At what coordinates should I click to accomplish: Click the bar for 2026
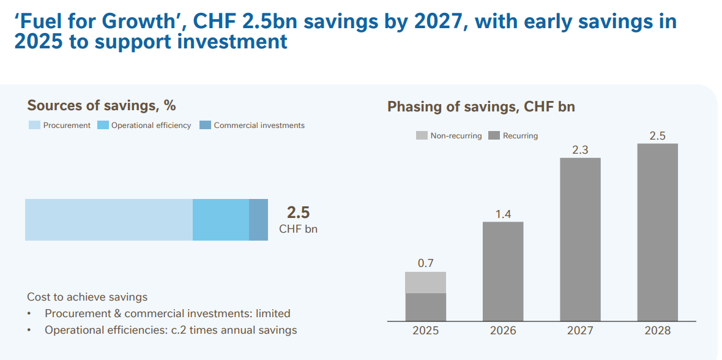click(x=503, y=271)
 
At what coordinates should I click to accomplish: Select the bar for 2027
click(x=580, y=239)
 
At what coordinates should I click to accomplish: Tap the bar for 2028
click(x=657, y=232)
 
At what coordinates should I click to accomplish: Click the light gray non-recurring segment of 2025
click(x=425, y=282)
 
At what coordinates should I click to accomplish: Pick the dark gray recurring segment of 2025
click(x=425, y=307)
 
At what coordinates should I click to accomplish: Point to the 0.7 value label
click(x=425, y=263)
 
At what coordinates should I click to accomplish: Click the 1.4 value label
click(x=503, y=214)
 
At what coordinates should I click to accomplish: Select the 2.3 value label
click(x=580, y=149)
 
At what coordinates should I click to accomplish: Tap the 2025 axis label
click(x=425, y=331)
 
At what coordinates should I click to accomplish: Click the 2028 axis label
click(x=657, y=331)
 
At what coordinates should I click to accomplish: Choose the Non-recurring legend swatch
click(x=422, y=135)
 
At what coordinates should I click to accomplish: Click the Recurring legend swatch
click(x=494, y=135)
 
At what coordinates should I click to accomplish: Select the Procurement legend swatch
click(x=34, y=126)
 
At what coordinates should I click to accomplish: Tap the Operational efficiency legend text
click(x=151, y=126)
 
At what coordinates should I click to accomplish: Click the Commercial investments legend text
click(x=259, y=126)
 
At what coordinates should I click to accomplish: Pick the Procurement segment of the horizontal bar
click(x=109, y=220)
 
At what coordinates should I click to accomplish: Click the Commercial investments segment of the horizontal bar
click(x=258, y=220)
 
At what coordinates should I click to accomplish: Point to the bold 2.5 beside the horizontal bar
click(x=298, y=212)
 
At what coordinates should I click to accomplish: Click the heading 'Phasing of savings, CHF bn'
click(x=481, y=107)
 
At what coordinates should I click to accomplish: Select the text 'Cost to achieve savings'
click(x=87, y=297)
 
